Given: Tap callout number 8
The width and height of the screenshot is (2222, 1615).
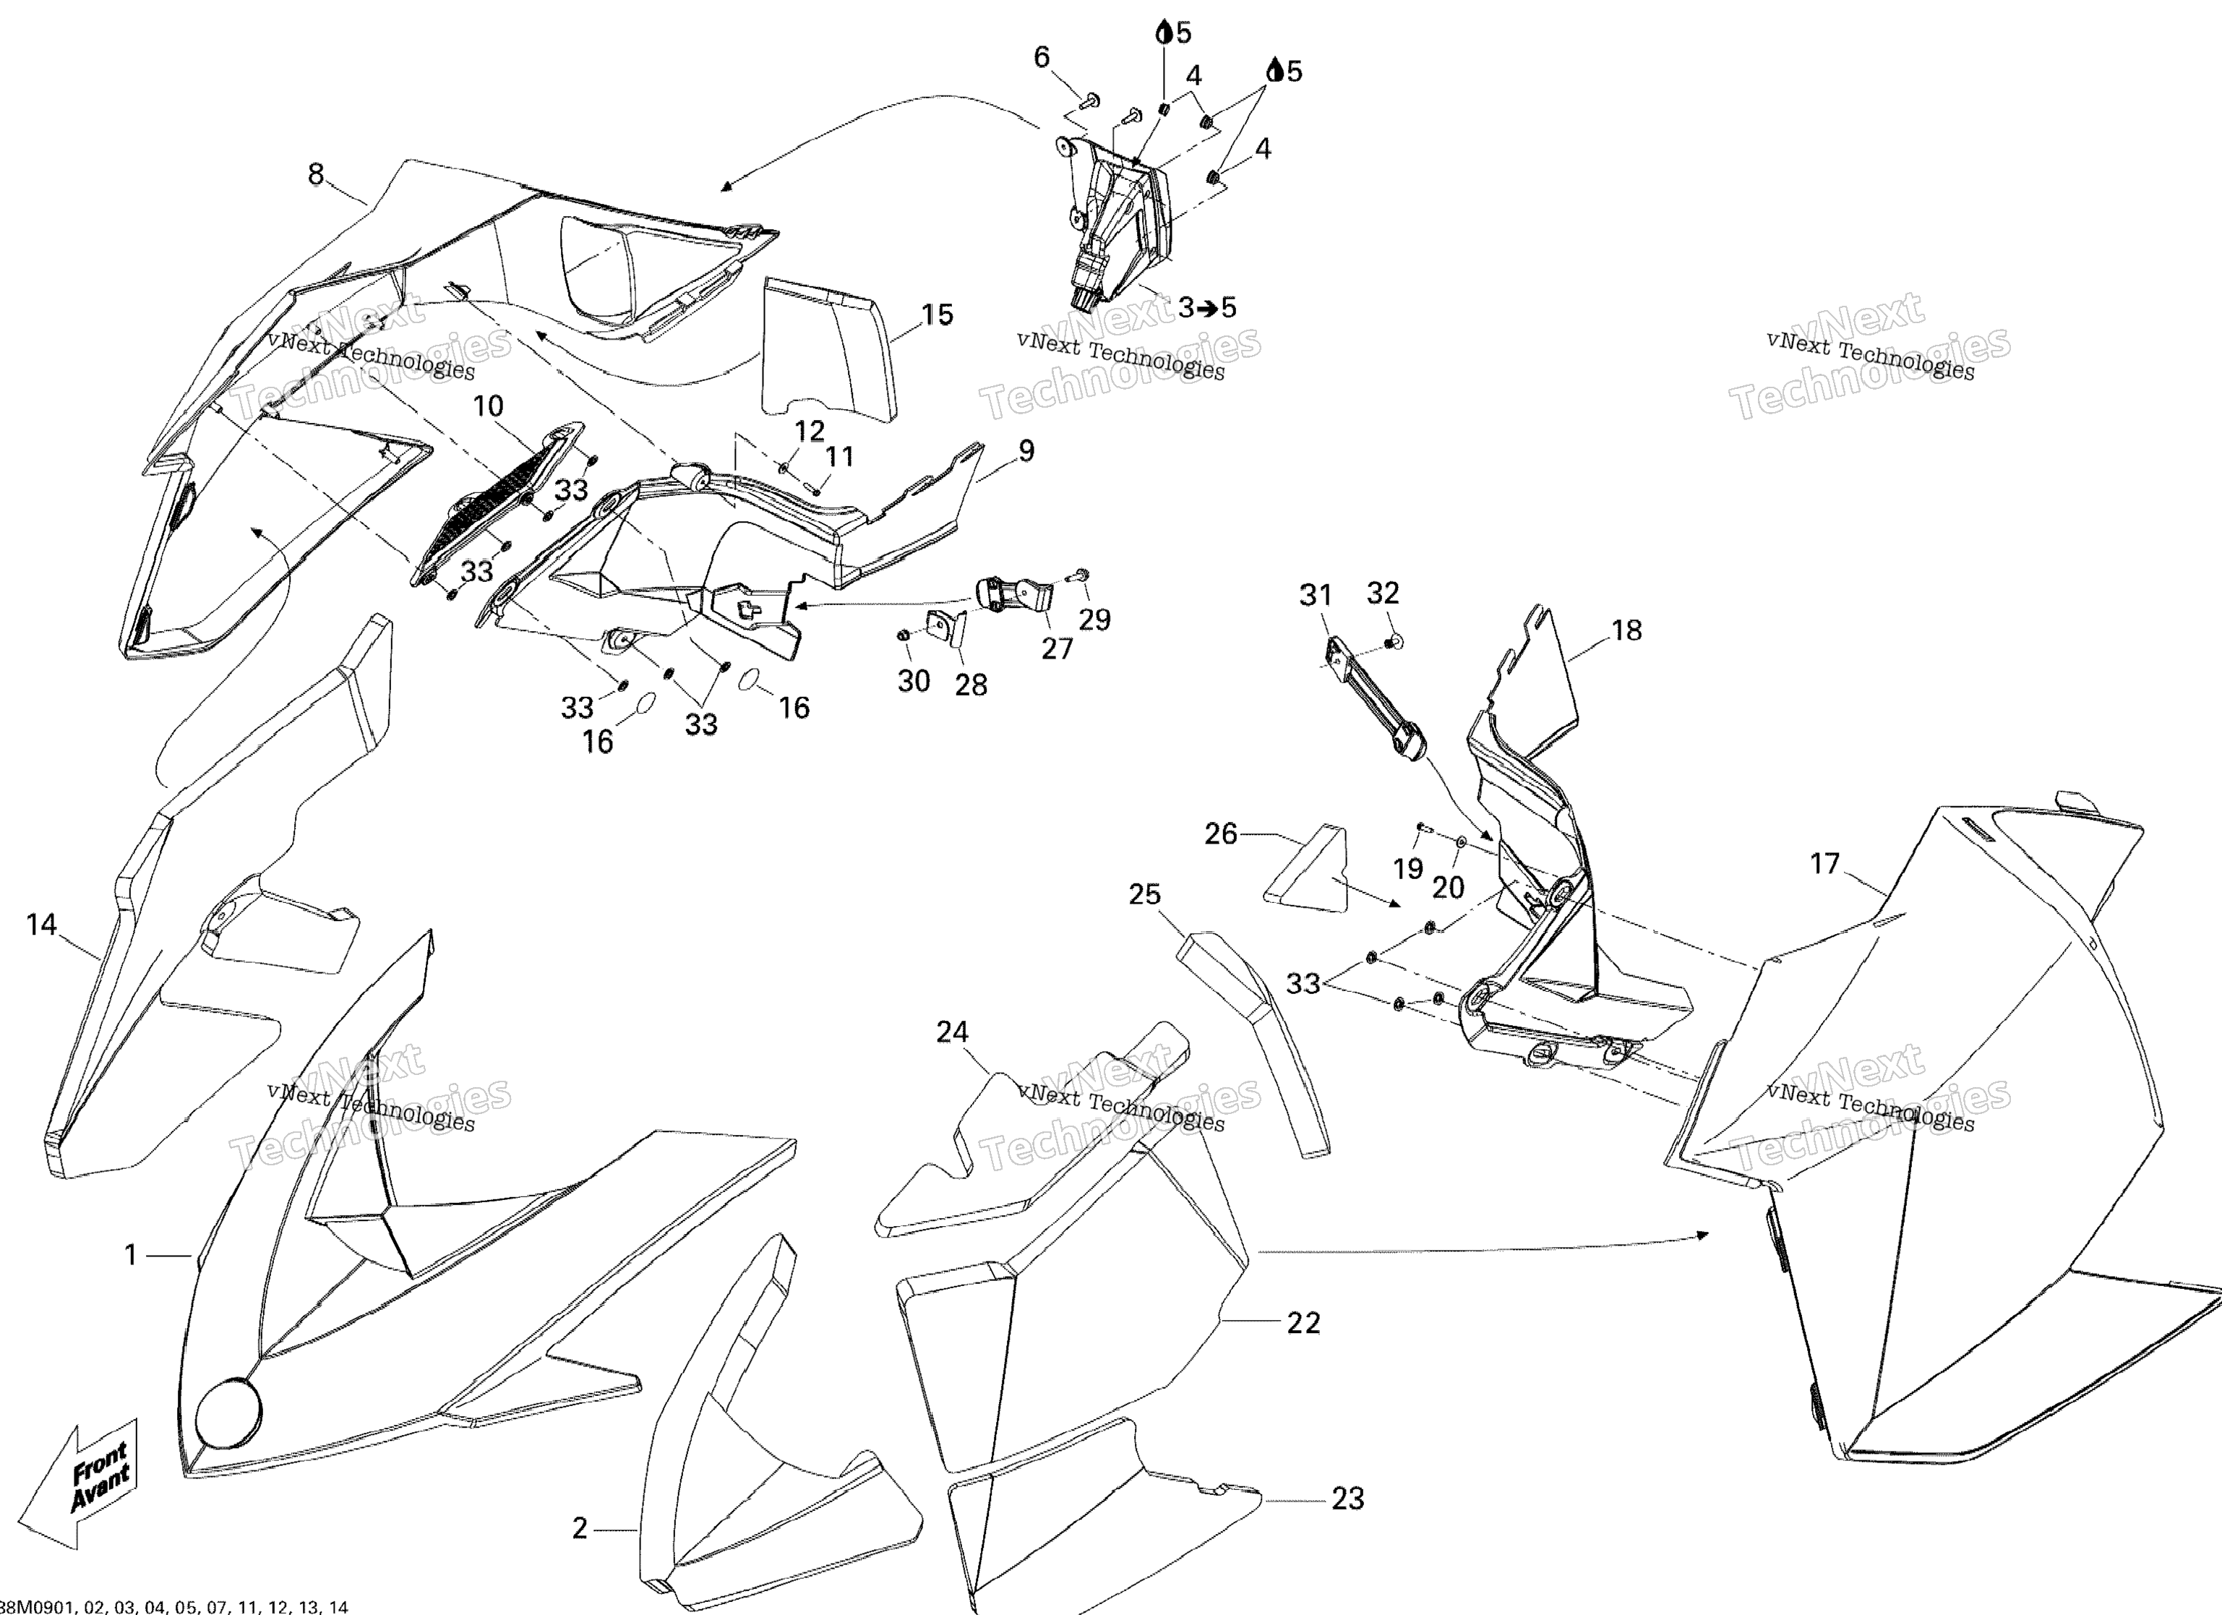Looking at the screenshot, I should [315, 174].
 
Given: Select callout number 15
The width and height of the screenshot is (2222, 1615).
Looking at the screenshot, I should [937, 314].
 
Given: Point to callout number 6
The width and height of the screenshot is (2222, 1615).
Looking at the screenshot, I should [1042, 58].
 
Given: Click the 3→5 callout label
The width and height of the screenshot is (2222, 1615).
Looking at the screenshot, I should [1207, 308].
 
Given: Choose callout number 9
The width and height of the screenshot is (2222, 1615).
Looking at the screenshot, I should [1026, 451].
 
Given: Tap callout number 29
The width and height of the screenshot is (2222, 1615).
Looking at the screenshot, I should [1094, 620].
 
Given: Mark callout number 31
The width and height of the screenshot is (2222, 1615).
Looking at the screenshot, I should [1316, 595].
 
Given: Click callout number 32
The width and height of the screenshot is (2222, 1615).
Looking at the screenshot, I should [1382, 593].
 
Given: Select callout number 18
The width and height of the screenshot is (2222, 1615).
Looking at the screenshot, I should [1626, 630].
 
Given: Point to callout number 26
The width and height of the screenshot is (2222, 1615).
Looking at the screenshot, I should [1221, 834].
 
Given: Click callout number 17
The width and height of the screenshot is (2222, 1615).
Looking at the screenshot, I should [1824, 863].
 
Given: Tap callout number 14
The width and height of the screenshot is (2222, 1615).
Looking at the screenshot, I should [41, 924].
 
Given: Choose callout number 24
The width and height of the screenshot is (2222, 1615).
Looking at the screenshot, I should [952, 1032].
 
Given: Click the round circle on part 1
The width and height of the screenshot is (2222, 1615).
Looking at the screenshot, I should [229, 1411].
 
